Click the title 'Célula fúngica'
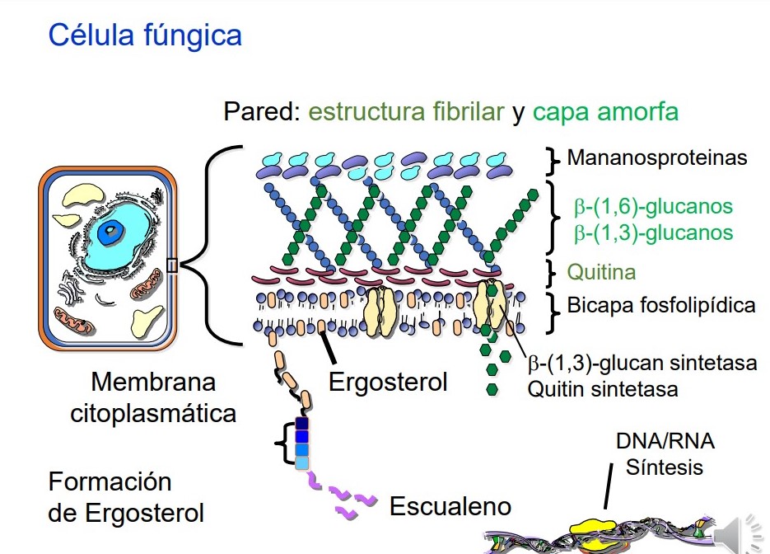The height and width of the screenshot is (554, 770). pos(145,36)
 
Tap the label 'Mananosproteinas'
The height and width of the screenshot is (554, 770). pos(657,157)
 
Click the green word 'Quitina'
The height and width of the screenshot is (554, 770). pos(601,272)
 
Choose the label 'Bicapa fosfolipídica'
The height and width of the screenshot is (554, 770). pos(661,306)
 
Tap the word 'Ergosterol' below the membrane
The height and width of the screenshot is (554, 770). pos(388,383)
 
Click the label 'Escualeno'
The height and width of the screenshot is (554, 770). pos(450,505)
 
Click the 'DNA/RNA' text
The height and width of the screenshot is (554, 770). pos(665,442)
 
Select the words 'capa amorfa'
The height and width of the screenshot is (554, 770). pos(605,112)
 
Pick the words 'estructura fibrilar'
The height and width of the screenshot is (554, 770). pos(406,112)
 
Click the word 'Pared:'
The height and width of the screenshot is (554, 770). pos(262,112)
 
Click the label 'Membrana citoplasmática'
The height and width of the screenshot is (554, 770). pos(153,397)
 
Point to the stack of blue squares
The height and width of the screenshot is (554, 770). pos(302,444)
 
